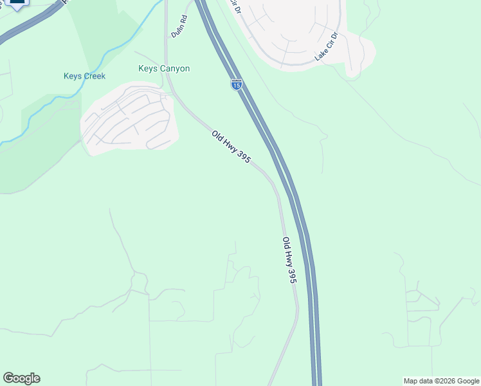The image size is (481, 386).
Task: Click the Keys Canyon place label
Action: tap(164, 68)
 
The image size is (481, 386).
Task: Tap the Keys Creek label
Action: tap(84, 77)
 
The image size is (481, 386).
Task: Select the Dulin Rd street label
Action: tap(179, 26)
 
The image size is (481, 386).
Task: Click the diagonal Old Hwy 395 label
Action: tap(231, 147)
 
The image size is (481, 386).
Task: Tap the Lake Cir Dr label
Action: tap(327, 47)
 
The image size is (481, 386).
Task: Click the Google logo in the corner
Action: tap(21, 378)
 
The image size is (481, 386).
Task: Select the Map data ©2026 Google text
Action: tap(441, 381)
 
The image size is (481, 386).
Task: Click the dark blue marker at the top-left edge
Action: tap(18, 3)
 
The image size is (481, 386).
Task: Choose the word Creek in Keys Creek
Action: tap(93, 77)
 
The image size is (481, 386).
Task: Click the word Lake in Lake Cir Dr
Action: tap(320, 55)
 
